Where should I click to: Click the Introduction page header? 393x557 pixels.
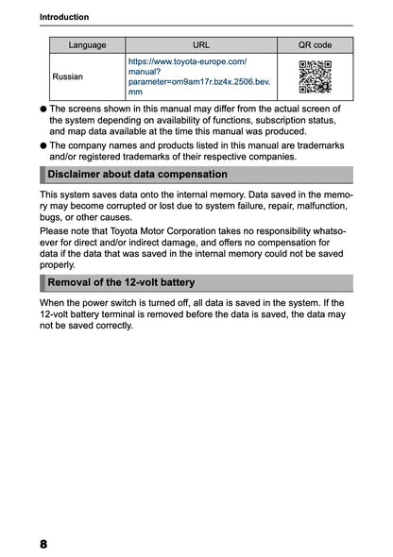pyautogui.click(x=65, y=17)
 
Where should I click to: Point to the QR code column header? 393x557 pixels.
pyautogui.click(x=315, y=44)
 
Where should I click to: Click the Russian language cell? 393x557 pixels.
pyautogui.click(x=67, y=76)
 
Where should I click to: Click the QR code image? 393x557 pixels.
pyautogui.click(x=315, y=76)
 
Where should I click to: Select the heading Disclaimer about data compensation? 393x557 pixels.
pyautogui.click(x=137, y=175)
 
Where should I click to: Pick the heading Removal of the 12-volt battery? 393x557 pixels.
pyautogui.click(x=121, y=282)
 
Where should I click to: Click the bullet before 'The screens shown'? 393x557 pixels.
pyautogui.click(x=43, y=110)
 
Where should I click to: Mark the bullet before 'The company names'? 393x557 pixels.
pyautogui.click(x=43, y=146)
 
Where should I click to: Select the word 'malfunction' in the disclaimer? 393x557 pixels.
pyautogui.click(x=320, y=205)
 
